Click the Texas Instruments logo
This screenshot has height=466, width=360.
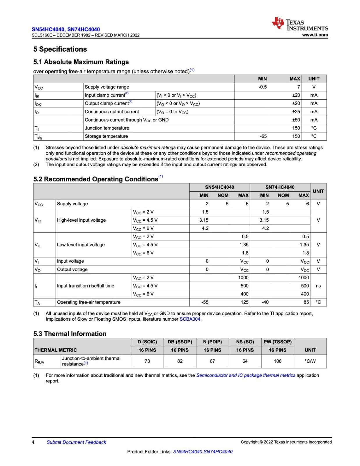pos(299,24)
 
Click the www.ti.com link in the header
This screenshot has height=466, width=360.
pos(315,35)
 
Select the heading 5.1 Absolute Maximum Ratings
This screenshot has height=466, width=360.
pos(81,62)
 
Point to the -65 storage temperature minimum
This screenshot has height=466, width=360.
pos(263,136)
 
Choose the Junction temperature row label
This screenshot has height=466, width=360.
pos(107,128)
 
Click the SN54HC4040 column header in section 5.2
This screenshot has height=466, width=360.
pos(219,187)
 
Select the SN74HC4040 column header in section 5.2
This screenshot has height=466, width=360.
pos(280,187)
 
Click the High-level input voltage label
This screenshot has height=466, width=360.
pos(81,220)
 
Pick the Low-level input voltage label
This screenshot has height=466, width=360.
pos(81,245)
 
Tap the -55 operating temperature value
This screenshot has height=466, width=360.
pos(205,302)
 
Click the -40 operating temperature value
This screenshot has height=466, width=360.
pos(265,302)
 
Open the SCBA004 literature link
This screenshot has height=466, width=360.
pos(190,319)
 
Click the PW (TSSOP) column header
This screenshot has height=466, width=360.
pos(277,342)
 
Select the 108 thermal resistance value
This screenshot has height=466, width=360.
pos(277,361)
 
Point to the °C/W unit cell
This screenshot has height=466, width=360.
pos(310,361)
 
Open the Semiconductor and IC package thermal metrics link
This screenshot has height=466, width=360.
pos(246,375)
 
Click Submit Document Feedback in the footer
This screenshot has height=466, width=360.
pos(76,442)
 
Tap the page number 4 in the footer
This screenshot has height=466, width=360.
pos(33,442)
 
